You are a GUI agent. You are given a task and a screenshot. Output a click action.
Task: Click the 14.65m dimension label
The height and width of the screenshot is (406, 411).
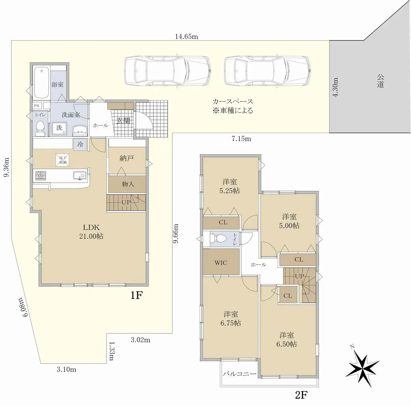click(x=186, y=37)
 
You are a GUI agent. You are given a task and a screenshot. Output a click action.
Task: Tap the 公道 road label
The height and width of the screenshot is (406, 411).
click(x=380, y=81)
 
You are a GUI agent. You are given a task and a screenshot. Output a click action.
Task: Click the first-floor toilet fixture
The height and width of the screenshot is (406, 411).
click(x=40, y=128)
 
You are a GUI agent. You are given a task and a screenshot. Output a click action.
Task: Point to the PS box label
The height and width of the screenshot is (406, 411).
click(x=36, y=105)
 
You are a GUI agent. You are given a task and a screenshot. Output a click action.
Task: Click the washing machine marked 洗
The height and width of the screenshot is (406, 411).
click(x=60, y=129)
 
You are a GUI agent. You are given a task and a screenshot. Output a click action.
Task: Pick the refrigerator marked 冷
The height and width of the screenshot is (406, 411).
click(x=80, y=144)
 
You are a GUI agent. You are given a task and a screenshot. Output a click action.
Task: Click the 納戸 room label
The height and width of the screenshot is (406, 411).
click(x=127, y=158)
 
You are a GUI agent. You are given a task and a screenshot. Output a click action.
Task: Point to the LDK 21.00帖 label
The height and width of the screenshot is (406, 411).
click(x=91, y=232)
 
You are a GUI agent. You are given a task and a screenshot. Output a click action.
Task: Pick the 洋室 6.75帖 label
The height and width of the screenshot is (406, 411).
click(x=231, y=319)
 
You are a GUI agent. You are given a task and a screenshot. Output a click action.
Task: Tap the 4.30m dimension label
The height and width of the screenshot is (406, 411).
click(x=336, y=87)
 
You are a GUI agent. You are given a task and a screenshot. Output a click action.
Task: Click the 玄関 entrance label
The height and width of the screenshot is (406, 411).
click(x=123, y=121)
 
